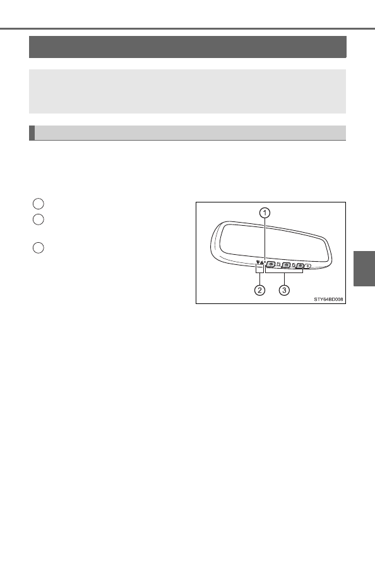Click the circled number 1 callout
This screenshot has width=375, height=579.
tap(265, 213)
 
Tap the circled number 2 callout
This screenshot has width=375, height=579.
tap(259, 290)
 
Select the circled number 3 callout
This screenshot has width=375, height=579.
tap(283, 290)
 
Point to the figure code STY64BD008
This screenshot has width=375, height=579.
tap(329, 300)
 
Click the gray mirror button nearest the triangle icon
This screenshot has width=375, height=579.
tap(271, 264)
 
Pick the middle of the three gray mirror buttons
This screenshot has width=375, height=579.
tap(285, 265)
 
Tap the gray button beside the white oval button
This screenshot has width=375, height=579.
tap(300, 266)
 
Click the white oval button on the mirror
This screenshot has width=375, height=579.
tap(308, 266)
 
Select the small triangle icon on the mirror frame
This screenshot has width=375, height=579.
tap(261, 262)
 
